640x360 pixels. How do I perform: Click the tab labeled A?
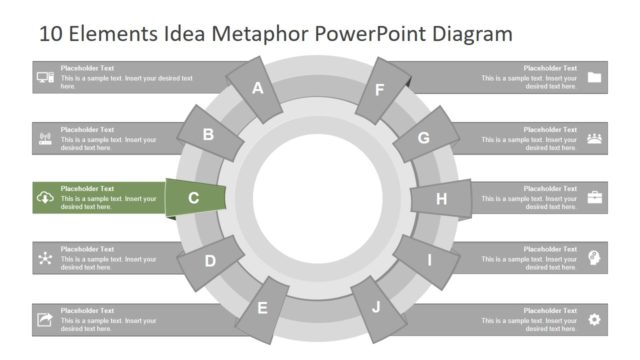pyautogui.click(x=257, y=88)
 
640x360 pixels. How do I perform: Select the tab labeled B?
pyautogui.click(x=209, y=135)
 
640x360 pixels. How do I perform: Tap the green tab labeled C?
pyautogui.click(x=193, y=198)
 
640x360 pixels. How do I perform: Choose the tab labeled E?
pyautogui.click(x=263, y=307)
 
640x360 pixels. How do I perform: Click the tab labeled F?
pyautogui.click(x=380, y=89)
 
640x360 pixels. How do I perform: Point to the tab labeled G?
pyautogui.click(x=424, y=138)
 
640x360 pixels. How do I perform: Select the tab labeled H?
pyautogui.click(x=441, y=198)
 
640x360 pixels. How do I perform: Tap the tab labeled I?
pyautogui.click(x=429, y=261)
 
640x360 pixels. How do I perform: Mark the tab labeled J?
pyautogui.click(x=377, y=306)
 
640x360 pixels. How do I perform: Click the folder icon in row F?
pyautogui.click(x=595, y=77)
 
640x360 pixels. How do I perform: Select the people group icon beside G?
pyautogui.click(x=595, y=138)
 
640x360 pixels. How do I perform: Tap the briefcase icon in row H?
pyautogui.click(x=595, y=197)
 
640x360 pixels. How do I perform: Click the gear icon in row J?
pyautogui.click(x=595, y=319)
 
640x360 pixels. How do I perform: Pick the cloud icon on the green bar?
pyautogui.click(x=45, y=198)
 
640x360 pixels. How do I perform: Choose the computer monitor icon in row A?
pyautogui.click(x=45, y=77)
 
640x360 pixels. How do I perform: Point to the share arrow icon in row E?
pyautogui.click(x=45, y=319)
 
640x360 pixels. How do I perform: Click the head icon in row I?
pyautogui.click(x=595, y=258)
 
